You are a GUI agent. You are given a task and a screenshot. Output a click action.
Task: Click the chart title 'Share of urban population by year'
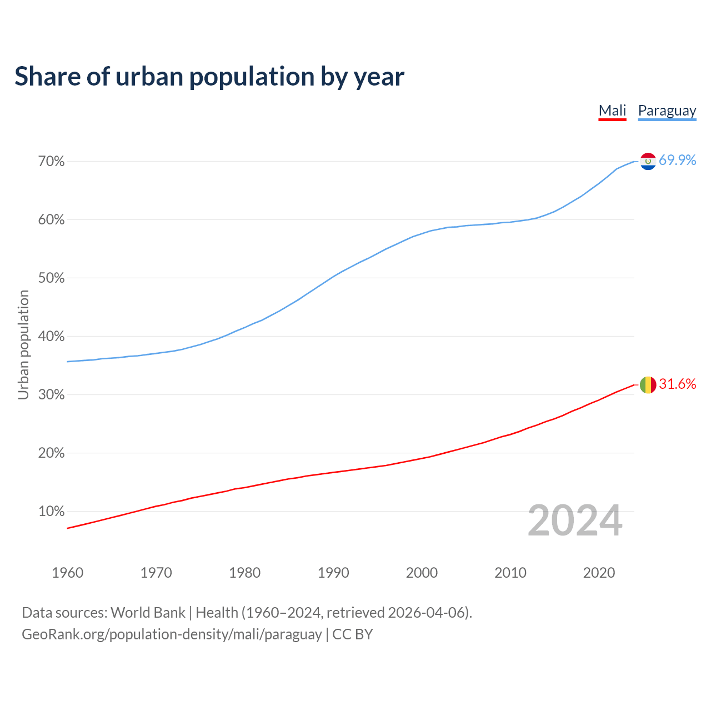pos(209,77)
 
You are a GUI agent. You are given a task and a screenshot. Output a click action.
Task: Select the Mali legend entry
pos(612,111)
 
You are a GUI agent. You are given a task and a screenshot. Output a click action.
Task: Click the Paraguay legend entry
pos(667,111)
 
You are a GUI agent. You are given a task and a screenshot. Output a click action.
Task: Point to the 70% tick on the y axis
pos(52,162)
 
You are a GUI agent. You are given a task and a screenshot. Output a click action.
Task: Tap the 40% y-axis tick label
pos(52,337)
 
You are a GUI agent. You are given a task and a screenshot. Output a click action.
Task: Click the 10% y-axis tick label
pos(52,512)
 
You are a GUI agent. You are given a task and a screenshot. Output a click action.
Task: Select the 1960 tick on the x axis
pos(68,573)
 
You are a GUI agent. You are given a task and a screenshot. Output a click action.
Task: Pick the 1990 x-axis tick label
pos(333,573)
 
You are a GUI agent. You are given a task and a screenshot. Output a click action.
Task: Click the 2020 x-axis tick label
pos(599,573)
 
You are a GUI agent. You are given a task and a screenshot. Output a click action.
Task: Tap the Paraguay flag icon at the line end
pos(648,161)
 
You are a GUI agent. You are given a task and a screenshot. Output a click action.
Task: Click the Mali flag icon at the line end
pos(648,384)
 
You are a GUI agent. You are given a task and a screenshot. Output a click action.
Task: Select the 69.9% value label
pos(677,161)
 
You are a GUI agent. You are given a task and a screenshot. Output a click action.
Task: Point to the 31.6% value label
pos(677,384)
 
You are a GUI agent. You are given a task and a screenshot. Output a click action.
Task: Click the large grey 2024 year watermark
pos(575,520)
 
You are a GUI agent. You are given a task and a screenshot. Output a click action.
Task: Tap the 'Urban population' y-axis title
pos(23,344)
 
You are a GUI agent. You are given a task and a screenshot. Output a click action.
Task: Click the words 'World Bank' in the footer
pos(148,613)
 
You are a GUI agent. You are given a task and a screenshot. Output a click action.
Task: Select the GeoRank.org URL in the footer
pos(172,634)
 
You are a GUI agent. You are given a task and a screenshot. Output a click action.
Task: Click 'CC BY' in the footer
pos(353,634)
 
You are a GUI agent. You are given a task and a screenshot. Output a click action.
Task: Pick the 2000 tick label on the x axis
pos(422,573)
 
